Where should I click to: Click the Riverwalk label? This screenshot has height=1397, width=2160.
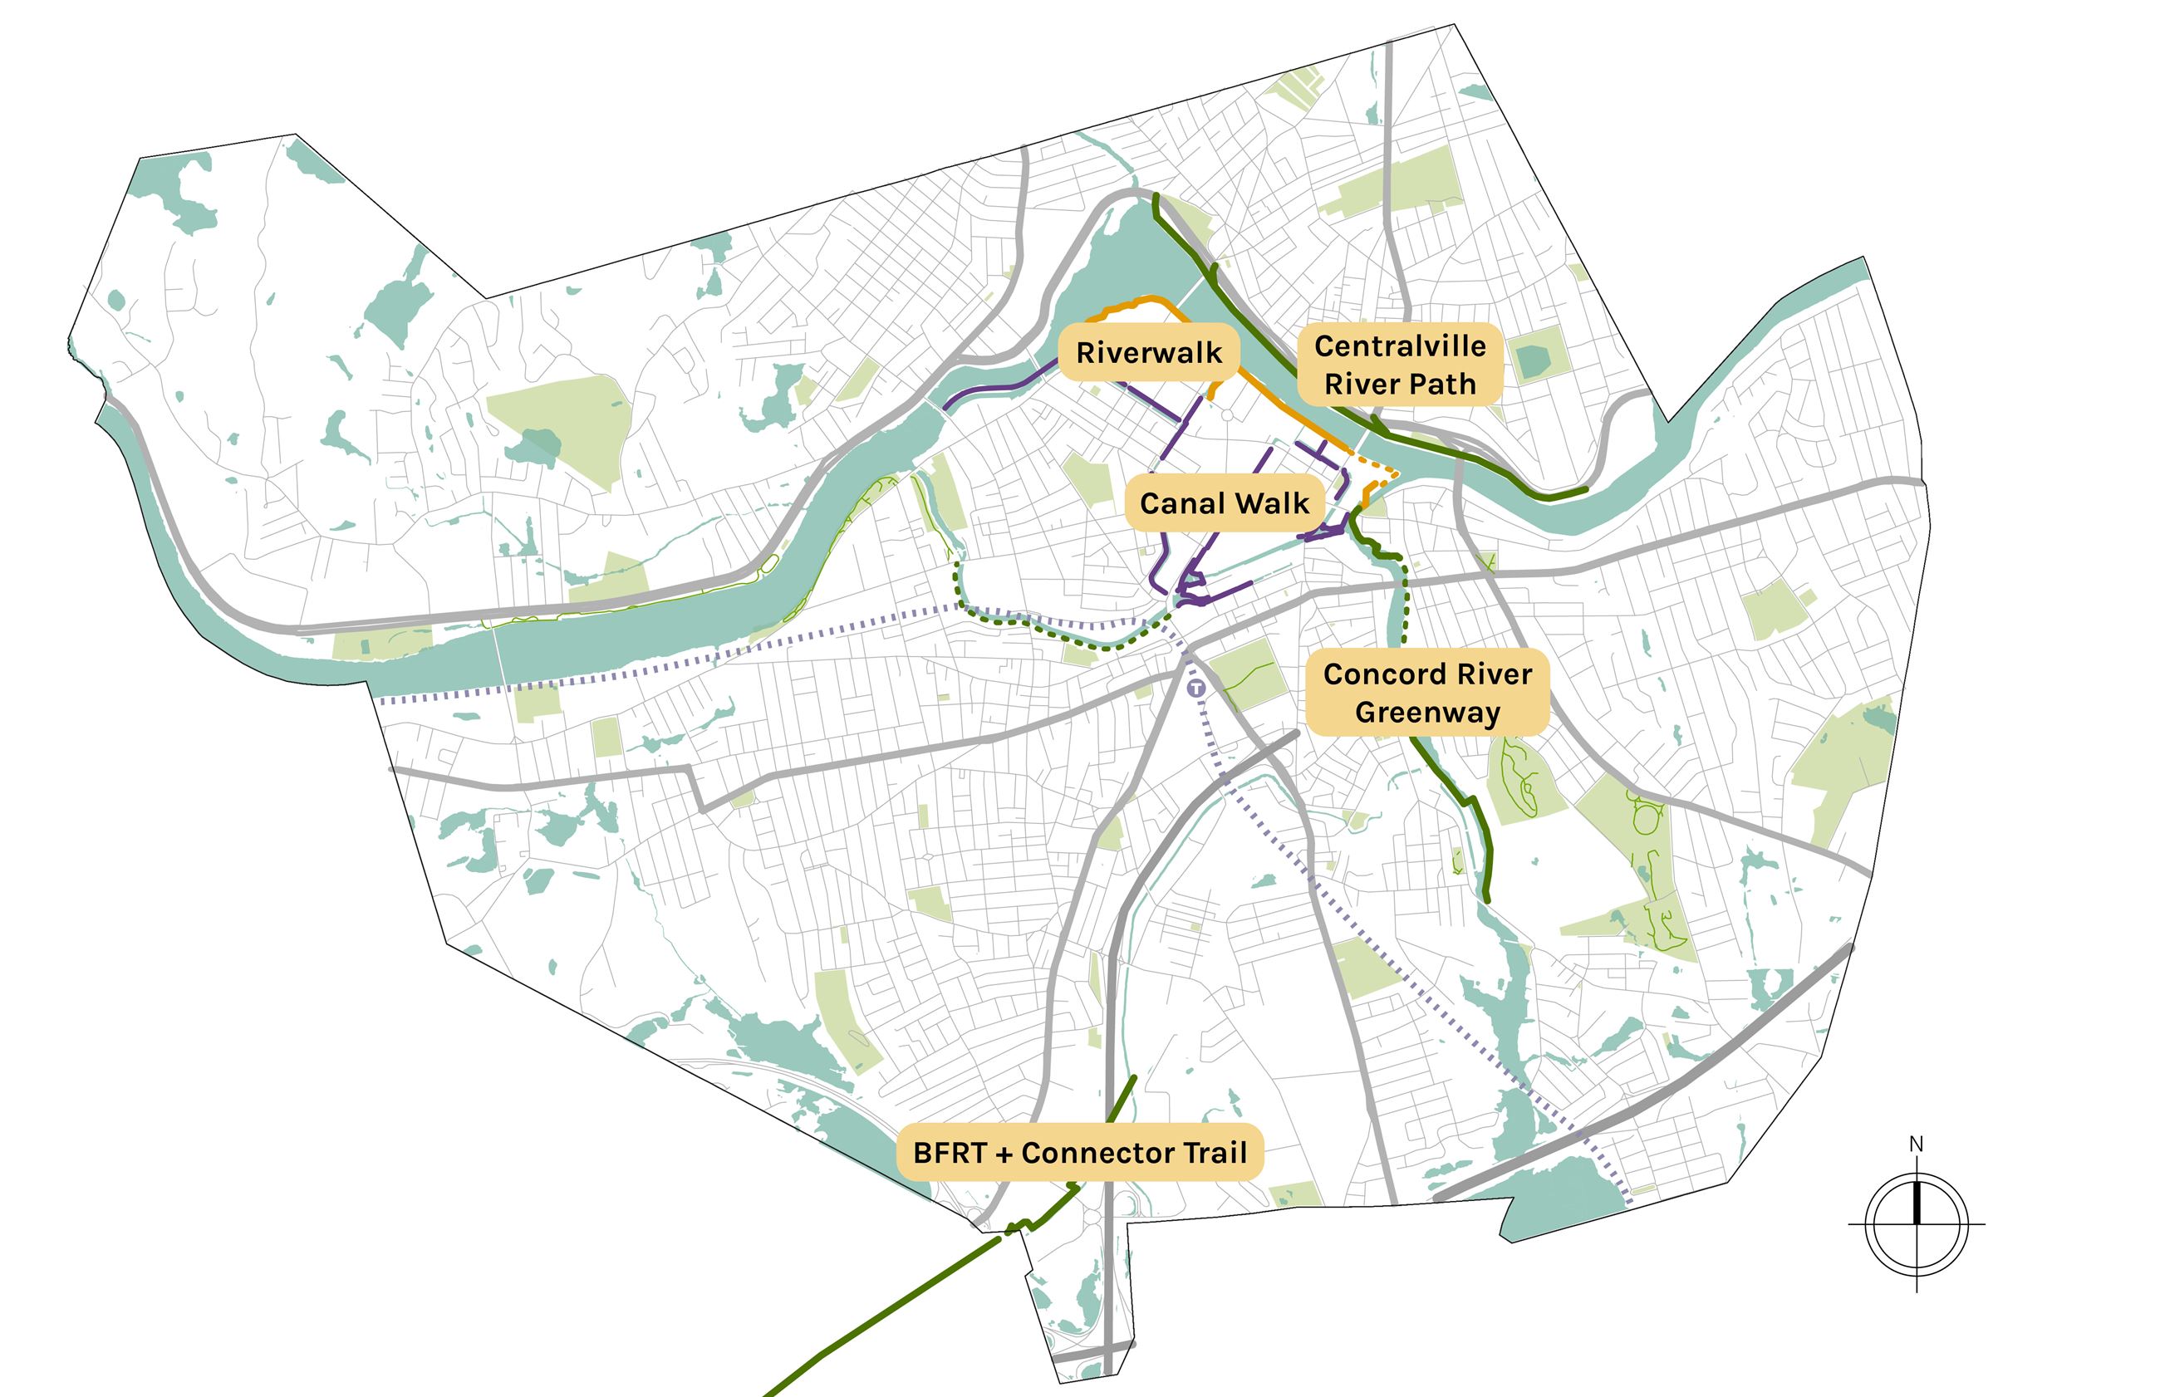[x=1148, y=353]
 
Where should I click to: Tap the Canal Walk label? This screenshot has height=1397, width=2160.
[x=1224, y=503]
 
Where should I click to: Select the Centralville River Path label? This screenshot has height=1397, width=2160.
[x=1400, y=365]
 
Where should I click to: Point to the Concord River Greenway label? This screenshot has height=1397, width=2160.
[x=1427, y=693]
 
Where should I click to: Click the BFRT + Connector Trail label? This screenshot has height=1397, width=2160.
[x=1079, y=1153]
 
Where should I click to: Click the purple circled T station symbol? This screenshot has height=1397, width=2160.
[x=1197, y=689]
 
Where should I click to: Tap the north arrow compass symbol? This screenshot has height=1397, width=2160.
[x=1916, y=1223]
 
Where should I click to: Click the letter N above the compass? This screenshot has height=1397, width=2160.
[x=1916, y=1145]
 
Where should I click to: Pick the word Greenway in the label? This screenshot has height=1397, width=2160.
[x=1427, y=713]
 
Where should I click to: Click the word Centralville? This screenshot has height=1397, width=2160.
[x=1400, y=346]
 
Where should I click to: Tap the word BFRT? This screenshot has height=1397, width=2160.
[x=950, y=1153]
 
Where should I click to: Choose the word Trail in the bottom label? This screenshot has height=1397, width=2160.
[x=1211, y=1153]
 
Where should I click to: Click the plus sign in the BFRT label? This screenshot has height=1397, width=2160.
[x=1004, y=1154]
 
